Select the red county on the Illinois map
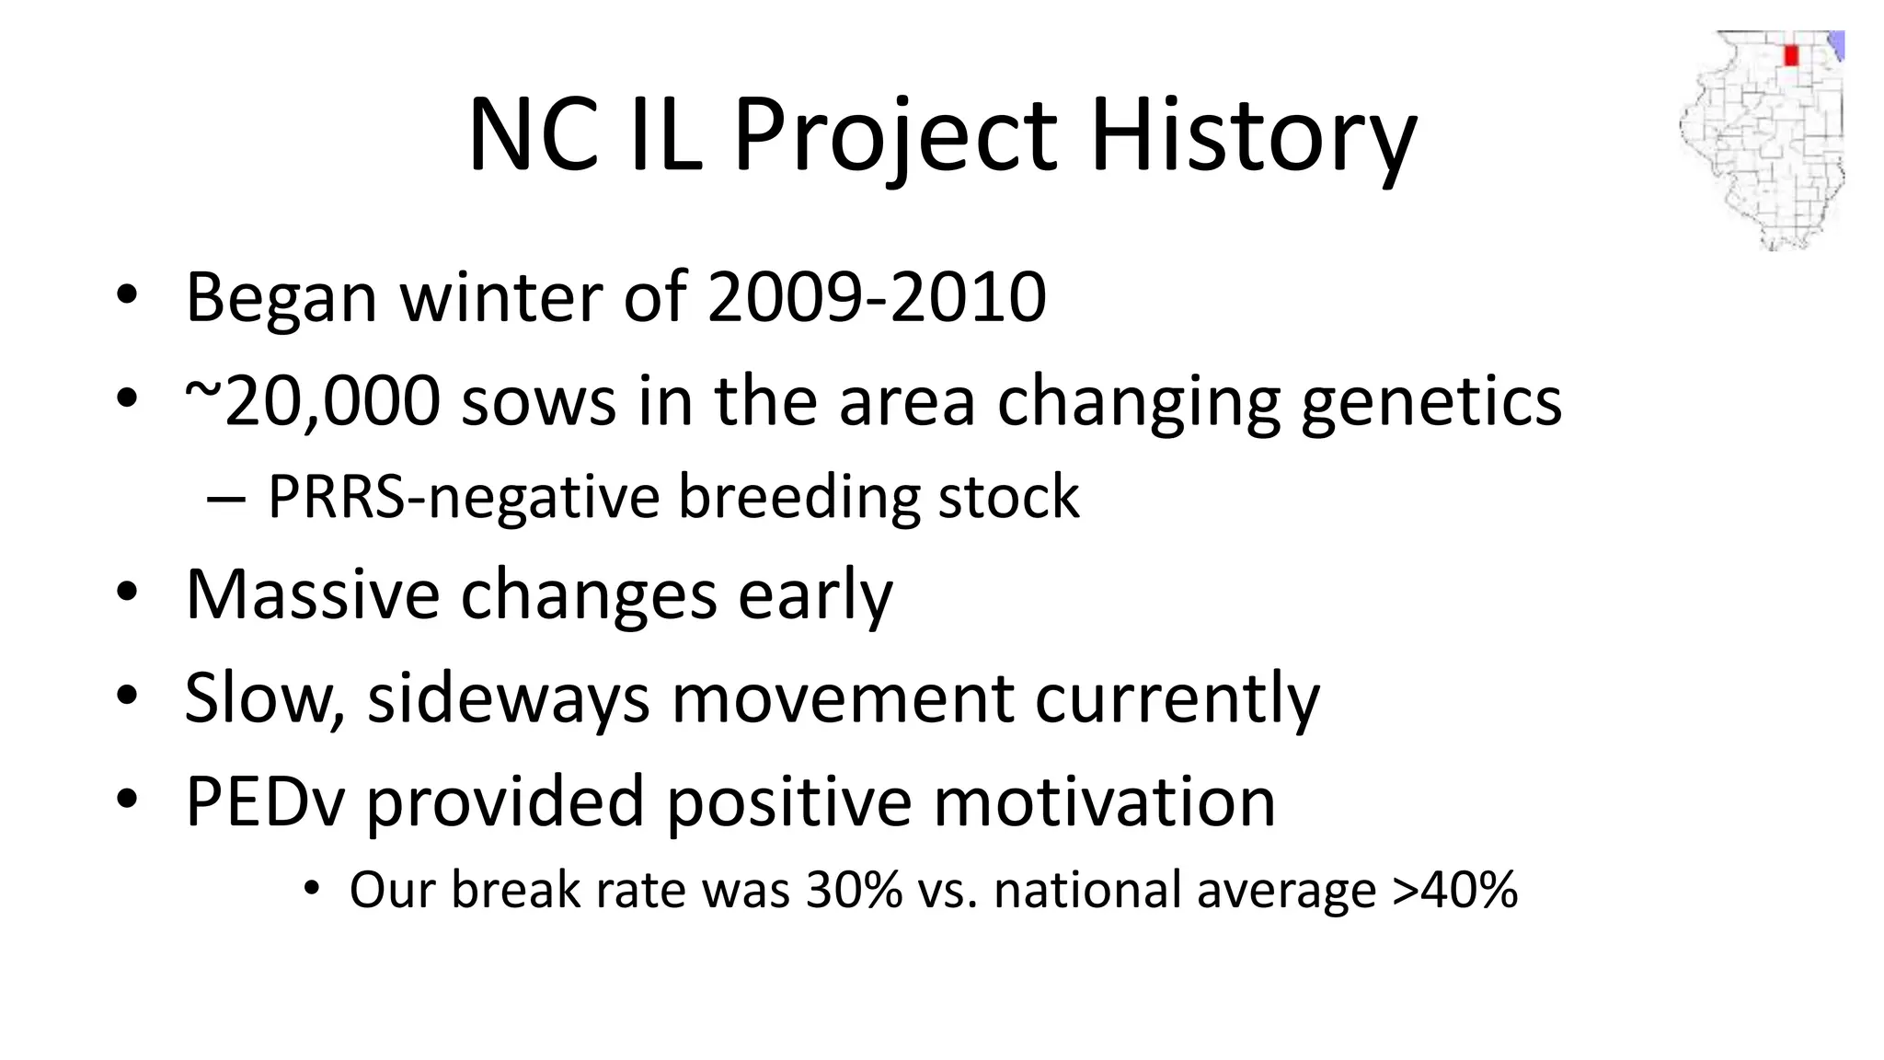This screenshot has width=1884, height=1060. pyautogui.click(x=1790, y=55)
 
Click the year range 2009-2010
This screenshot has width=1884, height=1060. pyautogui.click(x=877, y=297)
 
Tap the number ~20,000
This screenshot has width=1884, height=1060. pyautogui.click(x=313, y=402)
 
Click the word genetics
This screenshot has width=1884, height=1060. pyautogui.click(x=1430, y=402)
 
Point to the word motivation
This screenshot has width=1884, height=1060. pyautogui.click(x=1104, y=801)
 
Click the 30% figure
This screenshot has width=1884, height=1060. pyautogui.click(x=854, y=890)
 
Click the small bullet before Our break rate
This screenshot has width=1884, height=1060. pyautogui.click(x=312, y=889)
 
